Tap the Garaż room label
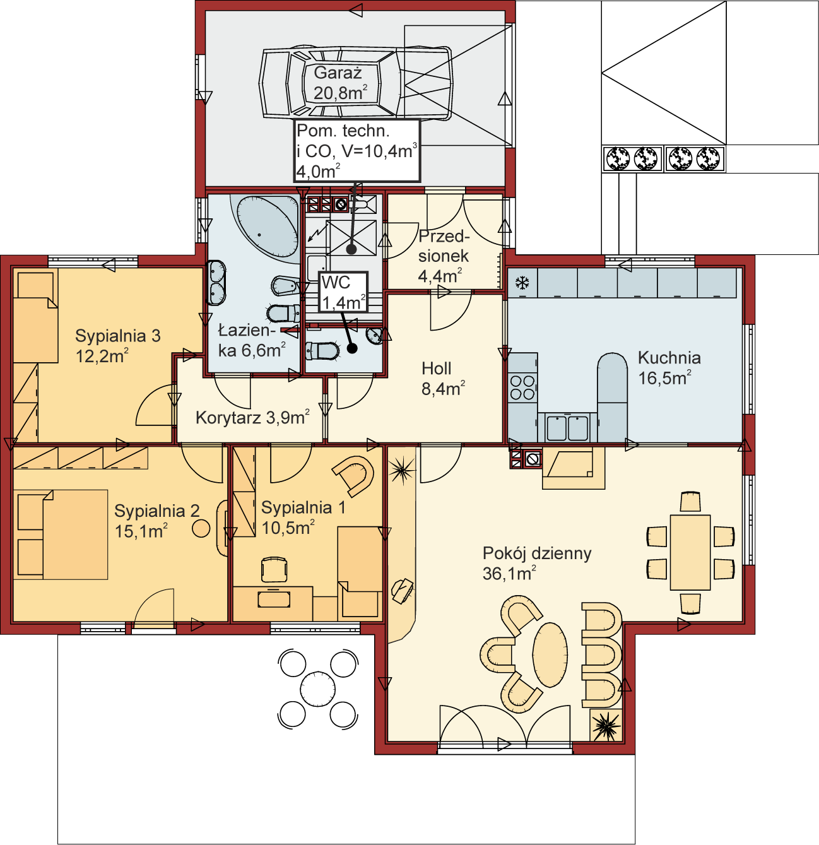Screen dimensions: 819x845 pyautogui.click(x=340, y=83)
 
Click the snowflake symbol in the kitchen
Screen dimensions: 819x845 pyautogui.click(x=522, y=283)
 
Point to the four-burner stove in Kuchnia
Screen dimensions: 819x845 pyautogui.click(x=522, y=387)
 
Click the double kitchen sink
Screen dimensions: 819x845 pyautogui.click(x=568, y=428)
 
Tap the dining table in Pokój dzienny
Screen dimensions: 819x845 pyautogui.click(x=690, y=552)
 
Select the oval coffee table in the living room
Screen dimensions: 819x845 pyautogui.click(x=550, y=655)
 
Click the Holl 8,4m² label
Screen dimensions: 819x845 pyautogui.click(x=443, y=379)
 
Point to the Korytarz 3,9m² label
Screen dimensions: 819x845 pyautogui.click(x=252, y=418)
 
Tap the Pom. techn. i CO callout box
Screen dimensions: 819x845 pyautogui.click(x=357, y=150)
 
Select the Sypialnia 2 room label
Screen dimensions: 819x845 pyautogui.click(x=156, y=521)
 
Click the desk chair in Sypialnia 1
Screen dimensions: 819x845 pyautogui.click(x=274, y=569)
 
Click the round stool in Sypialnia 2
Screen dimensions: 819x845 pyautogui.click(x=201, y=528)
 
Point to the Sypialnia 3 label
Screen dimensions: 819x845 pyautogui.click(x=118, y=346)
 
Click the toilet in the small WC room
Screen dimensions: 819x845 pyautogui.click(x=322, y=351)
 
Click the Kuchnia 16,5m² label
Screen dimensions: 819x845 pyautogui.click(x=669, y=368)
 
